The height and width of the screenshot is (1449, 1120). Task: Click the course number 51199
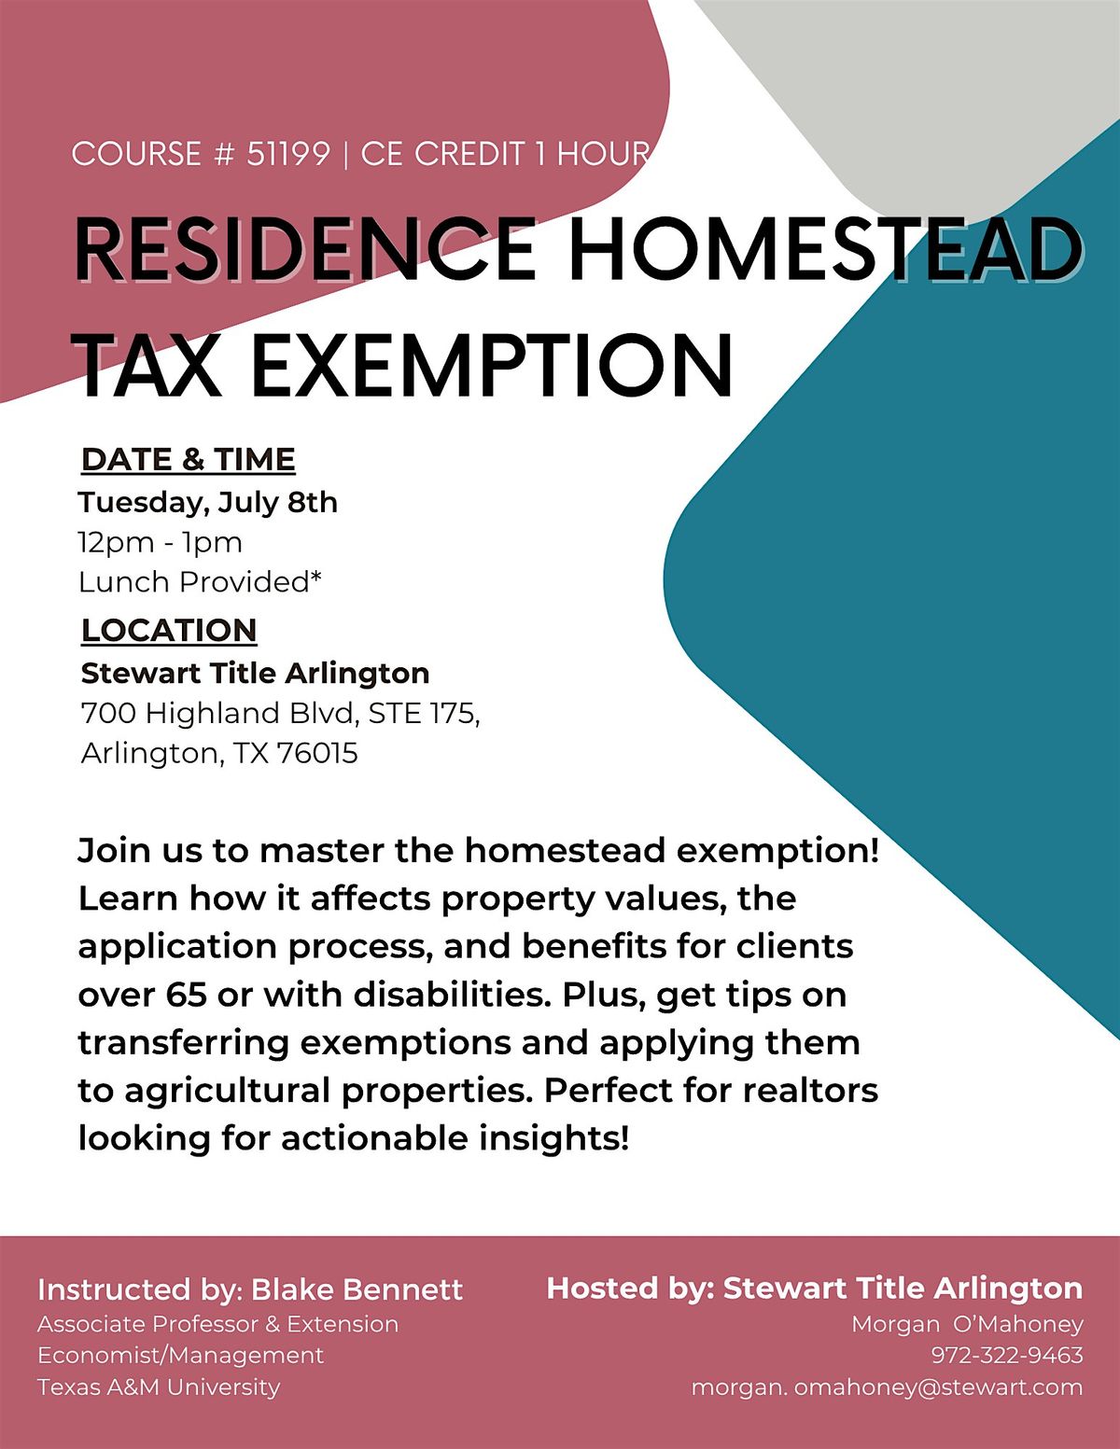coord(288,154)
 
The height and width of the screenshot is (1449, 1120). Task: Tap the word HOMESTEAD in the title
coord(826,249)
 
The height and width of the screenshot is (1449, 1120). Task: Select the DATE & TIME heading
coord(189,460)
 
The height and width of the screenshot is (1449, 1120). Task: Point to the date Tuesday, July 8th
coord(207,502)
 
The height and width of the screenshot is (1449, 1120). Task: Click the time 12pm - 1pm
coord(161,543)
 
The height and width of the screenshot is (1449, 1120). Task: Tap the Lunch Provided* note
coord(200,582)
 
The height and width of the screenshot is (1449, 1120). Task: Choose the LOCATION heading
coord(169,630)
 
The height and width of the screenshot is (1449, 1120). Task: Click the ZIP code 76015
coord(316,754)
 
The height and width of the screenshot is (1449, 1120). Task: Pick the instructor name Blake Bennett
coord(357,1289)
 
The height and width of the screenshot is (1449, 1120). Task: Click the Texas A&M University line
coord(159,1387)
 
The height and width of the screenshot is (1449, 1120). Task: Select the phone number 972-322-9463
coord(1006,1355)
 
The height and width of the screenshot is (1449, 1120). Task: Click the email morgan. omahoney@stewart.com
coord(887,1387)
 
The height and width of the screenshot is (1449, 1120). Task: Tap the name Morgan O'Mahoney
coord(967,1324)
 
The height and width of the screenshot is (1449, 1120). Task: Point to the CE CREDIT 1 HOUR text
coord(505,154)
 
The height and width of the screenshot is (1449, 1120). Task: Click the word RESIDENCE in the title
coord(305,249)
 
